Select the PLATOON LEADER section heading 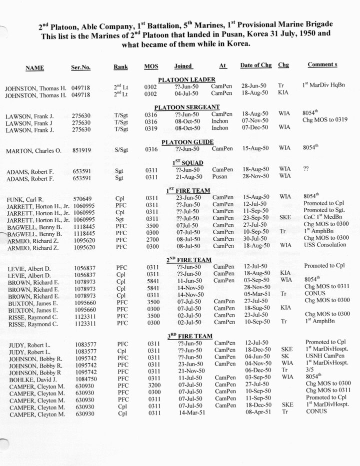[x=186, y=80]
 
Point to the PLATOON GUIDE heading [x=187, y=142]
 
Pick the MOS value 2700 [x=151, y=239]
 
